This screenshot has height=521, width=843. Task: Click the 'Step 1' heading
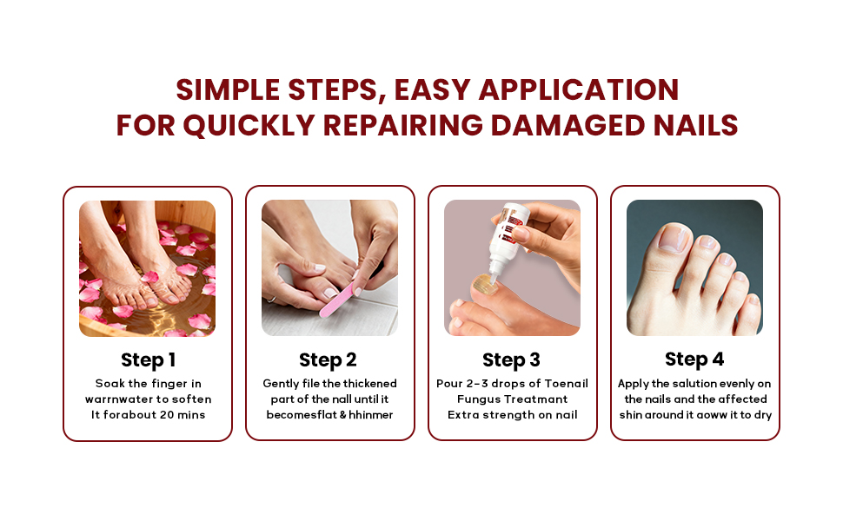[x=148, y=359]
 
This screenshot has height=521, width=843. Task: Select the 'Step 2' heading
[x=328, y=359]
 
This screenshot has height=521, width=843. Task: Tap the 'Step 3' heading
[x=511, y=359]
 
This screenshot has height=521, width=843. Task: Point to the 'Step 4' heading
[x=694, y=359]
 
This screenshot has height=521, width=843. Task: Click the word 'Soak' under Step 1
[x=110, y=384]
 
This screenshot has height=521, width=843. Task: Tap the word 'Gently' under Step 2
[x=282, y=384]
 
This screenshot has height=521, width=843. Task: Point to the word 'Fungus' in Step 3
[x=480, y=399]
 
